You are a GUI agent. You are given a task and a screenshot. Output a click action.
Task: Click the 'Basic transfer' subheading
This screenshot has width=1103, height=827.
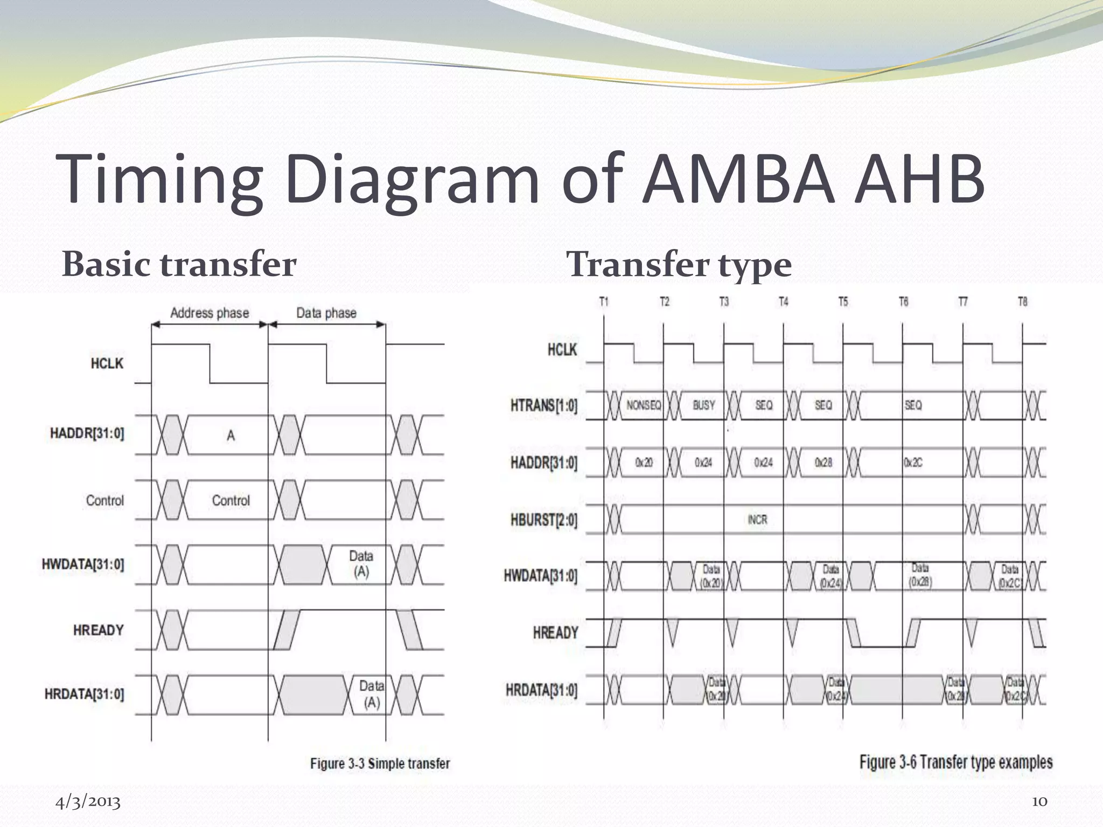coord(179,264)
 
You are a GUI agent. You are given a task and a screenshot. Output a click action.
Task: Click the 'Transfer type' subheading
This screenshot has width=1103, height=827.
coord(679,264)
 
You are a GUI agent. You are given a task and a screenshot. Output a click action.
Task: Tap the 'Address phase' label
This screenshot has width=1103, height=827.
coord(210,313)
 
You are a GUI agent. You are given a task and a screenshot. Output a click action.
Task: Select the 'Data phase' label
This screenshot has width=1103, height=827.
coord(326,313)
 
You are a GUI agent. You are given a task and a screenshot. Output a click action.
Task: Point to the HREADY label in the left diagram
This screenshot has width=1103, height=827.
coord(99,630)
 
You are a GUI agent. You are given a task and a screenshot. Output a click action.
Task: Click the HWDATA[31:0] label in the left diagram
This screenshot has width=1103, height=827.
coord(83,564)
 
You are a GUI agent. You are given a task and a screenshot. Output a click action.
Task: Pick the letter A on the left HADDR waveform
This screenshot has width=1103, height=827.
coord(231,436)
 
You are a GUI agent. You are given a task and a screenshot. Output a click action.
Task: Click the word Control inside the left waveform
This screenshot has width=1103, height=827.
coord(231,501)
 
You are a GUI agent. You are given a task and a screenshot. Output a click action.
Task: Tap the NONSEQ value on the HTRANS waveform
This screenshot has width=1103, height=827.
coord(644,405)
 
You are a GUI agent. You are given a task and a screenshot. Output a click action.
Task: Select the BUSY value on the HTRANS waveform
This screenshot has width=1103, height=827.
coord(704,405)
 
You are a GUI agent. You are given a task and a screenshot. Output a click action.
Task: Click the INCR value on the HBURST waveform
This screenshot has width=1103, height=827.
coord(757,520)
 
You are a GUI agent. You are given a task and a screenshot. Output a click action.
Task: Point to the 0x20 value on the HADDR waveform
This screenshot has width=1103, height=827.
coord(644,462)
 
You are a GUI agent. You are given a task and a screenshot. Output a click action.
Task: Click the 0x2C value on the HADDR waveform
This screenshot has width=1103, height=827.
coord(913,462)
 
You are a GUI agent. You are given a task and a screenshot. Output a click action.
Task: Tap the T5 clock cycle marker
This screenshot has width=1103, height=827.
coord(843,302)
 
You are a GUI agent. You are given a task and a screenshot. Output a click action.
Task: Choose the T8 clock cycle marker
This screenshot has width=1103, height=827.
coord(1022,302)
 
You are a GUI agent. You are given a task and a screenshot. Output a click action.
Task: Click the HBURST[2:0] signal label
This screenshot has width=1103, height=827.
coord(543,520)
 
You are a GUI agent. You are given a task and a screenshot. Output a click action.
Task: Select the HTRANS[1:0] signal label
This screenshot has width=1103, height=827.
coord(543,405)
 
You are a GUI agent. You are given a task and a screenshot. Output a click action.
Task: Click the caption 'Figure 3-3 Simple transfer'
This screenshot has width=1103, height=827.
coord(380,763)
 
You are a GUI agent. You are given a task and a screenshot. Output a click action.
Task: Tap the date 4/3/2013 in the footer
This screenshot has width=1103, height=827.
coord(88,802)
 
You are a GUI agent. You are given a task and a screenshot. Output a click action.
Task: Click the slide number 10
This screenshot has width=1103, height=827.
coord(1039,802)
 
